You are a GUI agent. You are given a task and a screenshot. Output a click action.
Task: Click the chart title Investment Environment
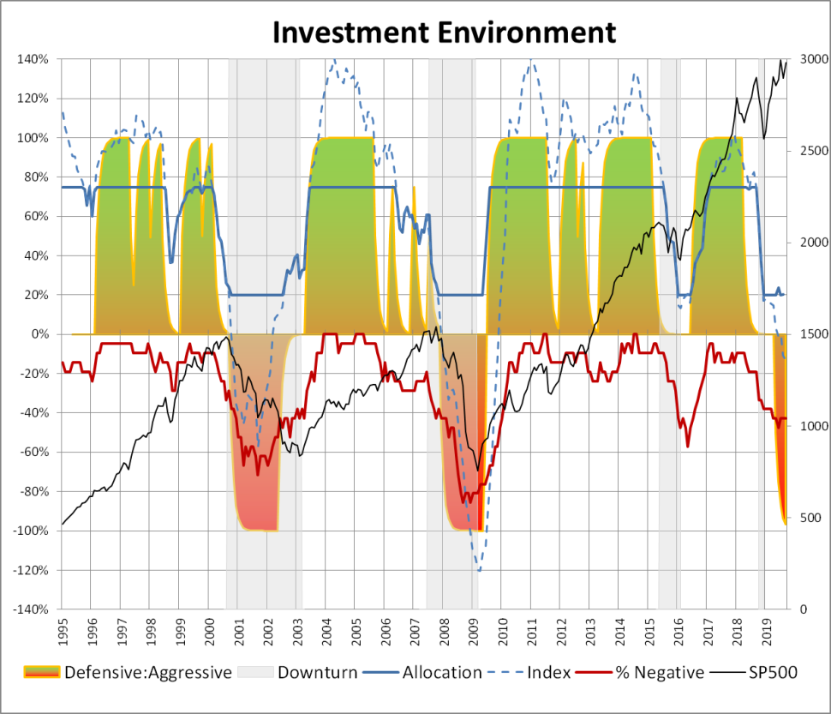(x=444, y=32)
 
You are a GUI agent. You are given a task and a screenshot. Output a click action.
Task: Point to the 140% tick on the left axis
(x=33, y=59)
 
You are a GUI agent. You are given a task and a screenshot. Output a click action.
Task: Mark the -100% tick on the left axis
(x=31, y=531)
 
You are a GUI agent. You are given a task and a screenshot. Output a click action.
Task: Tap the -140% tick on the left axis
(x=31, y=609)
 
